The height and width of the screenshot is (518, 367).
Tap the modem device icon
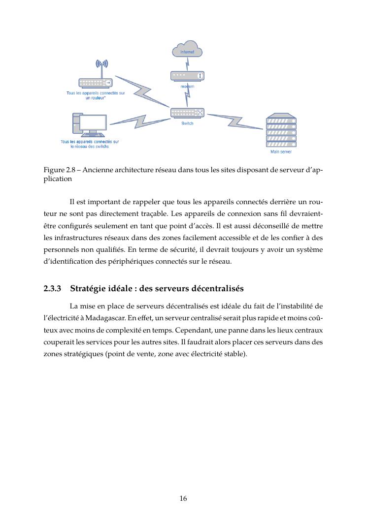[187, 76]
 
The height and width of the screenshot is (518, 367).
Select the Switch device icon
[187, 113]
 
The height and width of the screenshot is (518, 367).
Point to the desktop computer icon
[89, 125]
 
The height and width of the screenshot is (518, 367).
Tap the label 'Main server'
[281, 152]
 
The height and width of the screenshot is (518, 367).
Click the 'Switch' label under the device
[187, 123]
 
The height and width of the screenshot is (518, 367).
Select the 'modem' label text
[187, 87]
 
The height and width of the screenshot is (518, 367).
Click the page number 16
[183, 498]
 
